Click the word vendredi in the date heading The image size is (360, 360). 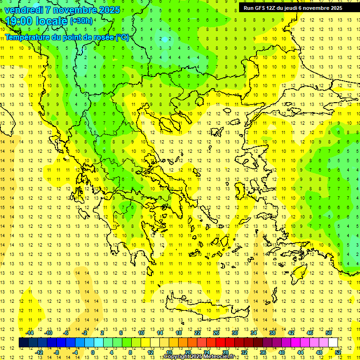[24, 10]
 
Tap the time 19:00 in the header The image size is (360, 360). [19, 21]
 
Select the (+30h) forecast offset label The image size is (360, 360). [81, 21]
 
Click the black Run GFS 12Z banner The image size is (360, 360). [292, 7]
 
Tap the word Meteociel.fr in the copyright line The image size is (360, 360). [219, 357]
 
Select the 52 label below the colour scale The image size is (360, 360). [338, 352]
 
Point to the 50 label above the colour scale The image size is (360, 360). [329, 333]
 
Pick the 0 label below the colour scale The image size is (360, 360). [93, 352]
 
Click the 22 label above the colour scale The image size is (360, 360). [197, 333]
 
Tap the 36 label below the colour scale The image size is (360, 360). [263, 352]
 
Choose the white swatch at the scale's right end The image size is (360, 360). [333, 343]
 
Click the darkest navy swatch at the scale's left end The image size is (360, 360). [24, 343]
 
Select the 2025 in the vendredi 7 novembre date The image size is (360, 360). [109, 10]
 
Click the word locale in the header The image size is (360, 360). [51, 21]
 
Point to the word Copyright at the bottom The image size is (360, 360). [176, 357]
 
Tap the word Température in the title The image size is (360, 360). [29, 37]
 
